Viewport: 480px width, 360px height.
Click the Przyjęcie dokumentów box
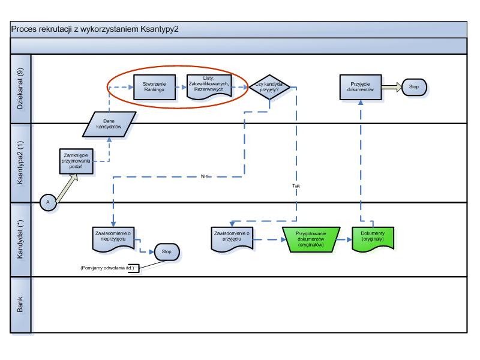coord(361,86)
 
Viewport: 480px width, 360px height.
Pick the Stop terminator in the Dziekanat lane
coord(415,86)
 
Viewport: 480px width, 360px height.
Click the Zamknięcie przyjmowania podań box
coord(77,162)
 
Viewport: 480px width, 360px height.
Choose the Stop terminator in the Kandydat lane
coord(167,251)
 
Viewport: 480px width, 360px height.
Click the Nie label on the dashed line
coord(206,176)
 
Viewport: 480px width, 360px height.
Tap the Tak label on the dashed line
coord(296,185)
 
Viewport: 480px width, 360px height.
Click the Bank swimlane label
coord(20,304)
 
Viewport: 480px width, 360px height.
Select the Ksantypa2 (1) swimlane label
coord(20,163)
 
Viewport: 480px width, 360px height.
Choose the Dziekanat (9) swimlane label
coord(20,89)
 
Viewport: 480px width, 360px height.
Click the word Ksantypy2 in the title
coord(158,28)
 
